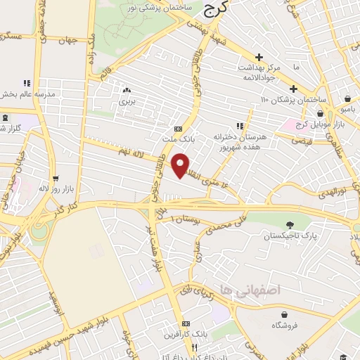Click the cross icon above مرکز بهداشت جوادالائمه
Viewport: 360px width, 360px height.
tap(259, 58)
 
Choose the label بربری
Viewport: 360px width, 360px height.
tap(127, 103)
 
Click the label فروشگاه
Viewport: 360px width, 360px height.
tap(283, 325)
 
